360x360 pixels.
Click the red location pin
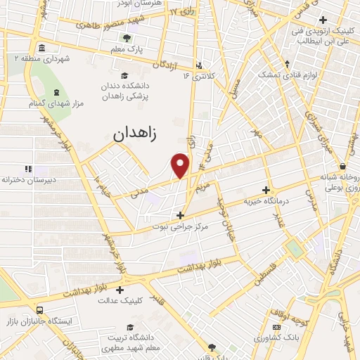coord(181,165)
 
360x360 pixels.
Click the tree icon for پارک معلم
coord(127,38)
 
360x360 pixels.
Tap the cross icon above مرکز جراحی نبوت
coord(180,215)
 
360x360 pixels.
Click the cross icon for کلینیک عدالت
coord(120,289)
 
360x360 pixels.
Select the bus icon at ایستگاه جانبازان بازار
coord(39,309)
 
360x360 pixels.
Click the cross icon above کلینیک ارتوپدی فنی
coord(323,19)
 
